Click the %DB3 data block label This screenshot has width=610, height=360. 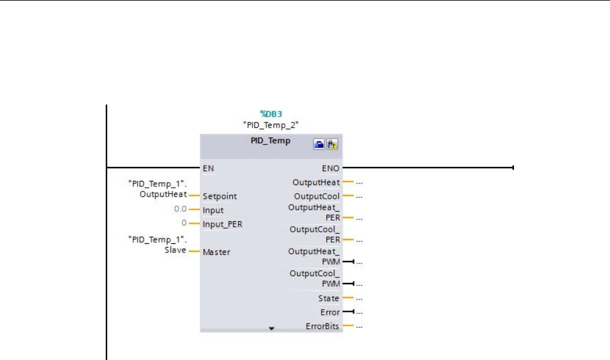coord(271,114)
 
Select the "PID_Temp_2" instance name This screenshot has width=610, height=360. coord(271,125)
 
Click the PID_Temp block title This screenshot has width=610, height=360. coord(271,141)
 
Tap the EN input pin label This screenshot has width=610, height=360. coord(208,167)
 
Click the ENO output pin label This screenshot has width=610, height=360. coord(331,167)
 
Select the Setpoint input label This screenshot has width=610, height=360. coord(219,196)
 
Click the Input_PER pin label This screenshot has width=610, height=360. coord(222,224)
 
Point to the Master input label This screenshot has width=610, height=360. coord(216,252)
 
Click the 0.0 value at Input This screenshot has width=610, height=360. coord(180,210)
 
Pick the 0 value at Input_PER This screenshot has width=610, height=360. coord(183,223)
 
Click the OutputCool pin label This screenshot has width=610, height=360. coord(317,196)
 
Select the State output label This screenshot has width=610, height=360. coord(328,298)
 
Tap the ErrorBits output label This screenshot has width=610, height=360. coord(322,326)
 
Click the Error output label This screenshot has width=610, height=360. coord(329,312)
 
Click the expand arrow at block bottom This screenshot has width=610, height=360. coord(272,329)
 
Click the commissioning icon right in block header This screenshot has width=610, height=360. coord(333,144)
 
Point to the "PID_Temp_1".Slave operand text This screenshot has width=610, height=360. coord(156,244)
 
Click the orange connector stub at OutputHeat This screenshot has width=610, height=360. coord(348,182)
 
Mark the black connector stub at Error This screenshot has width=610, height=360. coord(348,312)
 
